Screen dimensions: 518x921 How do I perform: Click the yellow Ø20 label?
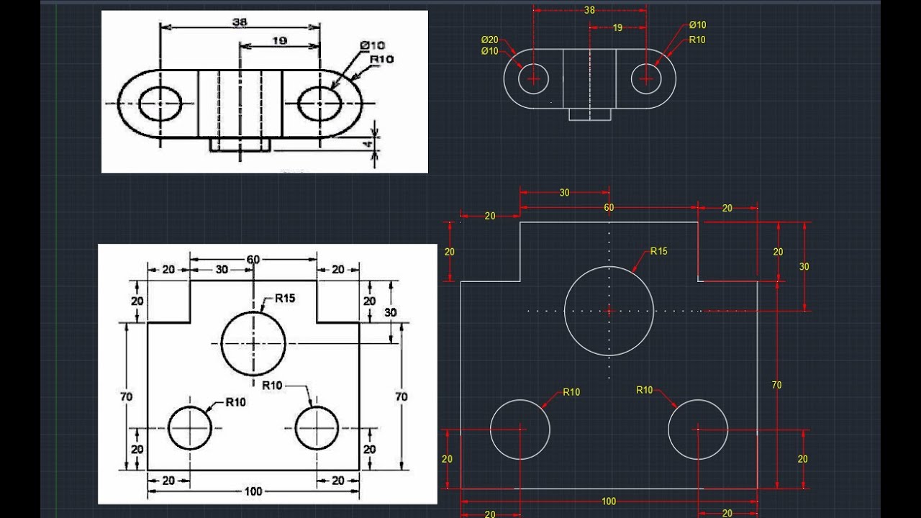click(489, 40)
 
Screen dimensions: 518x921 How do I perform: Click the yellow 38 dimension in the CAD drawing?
click(589, 10)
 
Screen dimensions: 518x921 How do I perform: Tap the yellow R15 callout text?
click(658, 251)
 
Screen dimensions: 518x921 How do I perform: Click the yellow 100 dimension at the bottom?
click(609, 501)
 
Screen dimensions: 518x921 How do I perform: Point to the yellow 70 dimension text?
click(776, 385)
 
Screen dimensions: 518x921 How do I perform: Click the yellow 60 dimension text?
click(609, 207)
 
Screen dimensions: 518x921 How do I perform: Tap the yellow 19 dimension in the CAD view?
click(617, 28)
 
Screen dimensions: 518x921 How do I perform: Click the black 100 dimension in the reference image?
click(253, 491)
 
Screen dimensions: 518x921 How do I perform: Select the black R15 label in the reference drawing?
click(284, 298)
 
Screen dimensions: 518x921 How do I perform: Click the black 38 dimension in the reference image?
click(240, 22)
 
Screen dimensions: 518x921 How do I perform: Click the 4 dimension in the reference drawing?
click(367, 145)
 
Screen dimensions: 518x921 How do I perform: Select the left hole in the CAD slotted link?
click(533, 78)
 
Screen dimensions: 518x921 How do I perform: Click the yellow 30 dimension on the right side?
click(804, 266)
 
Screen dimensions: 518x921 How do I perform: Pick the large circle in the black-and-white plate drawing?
click(253, 343)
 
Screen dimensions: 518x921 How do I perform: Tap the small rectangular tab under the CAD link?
click(590, 114)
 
